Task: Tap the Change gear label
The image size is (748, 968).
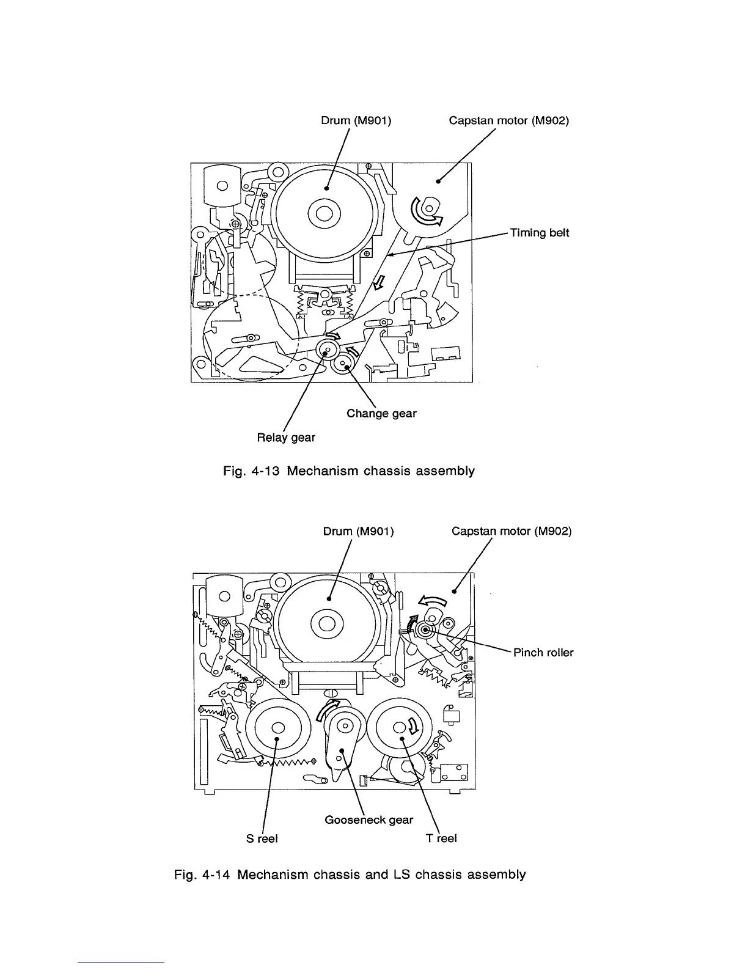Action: coord(381,414)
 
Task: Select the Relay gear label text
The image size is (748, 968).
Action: coord(286,438)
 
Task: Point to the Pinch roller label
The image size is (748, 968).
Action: coord(543,653)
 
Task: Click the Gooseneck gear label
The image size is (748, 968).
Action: coord(369,820)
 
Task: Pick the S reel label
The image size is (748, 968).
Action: coord(262,838)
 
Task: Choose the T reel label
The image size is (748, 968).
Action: coord(441,838)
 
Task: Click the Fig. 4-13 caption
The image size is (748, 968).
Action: coord(348,471)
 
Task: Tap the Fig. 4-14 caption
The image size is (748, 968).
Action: coord(350,875)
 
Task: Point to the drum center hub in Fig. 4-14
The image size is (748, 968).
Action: coord(326,624)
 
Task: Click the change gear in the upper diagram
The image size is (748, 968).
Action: coord(343,365)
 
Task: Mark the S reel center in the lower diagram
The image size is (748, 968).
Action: coord(277,727)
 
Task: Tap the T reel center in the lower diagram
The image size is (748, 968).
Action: coord(400,727)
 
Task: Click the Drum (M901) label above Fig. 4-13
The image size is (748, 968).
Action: coord(356,120)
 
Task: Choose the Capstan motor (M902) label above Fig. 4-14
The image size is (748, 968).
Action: coord(512,531)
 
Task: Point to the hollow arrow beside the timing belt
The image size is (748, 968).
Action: coord(380,281)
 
